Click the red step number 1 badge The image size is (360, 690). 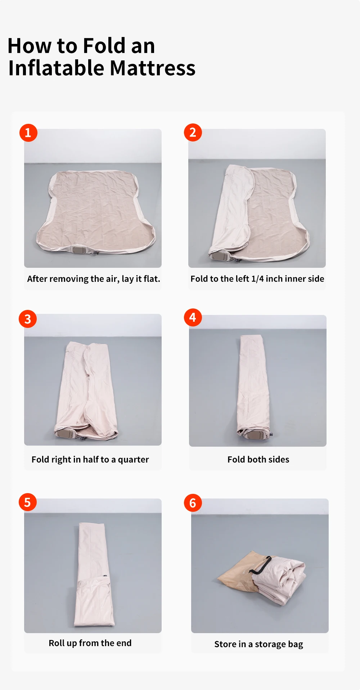[x=28, y=133]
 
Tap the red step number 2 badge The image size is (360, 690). [x=193, y=132]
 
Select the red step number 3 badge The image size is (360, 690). [x=28, y=319]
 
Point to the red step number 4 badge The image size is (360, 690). [x=193, y=317]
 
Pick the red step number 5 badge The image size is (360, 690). [x=28, y=502]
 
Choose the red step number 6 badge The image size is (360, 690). [x=193, y=503]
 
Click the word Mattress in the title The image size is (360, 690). [x=152, y=68]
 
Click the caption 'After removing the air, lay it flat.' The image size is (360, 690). [x=94, y=279]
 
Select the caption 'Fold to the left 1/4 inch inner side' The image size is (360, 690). [x=257, y=279]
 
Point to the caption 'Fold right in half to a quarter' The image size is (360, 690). [x=90, y=460]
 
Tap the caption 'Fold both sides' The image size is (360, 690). [x=258, y=459]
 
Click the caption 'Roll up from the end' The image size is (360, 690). [x=90, y=643]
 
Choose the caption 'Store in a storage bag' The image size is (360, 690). [x=259, y=644]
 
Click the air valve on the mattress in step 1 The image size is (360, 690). [x=79, y=250]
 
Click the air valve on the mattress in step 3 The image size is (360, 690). [x=65, y=434]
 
